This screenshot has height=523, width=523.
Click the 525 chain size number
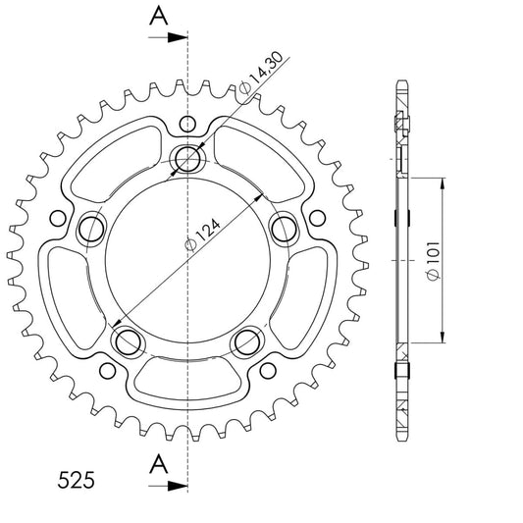coord(77,480)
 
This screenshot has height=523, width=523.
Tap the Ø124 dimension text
coord(203,235)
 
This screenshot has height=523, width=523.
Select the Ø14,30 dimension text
coord(261,73)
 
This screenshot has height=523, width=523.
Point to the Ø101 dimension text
coord(434,260)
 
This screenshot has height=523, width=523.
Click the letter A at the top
coord(158,16)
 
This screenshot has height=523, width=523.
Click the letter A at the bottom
coord(158,464)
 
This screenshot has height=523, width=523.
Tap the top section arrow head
coord(177,37)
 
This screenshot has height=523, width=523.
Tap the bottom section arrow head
coord(177,486)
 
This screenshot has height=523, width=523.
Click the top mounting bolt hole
coord(187,159)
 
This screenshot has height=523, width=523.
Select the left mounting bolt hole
coord(91,230)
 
